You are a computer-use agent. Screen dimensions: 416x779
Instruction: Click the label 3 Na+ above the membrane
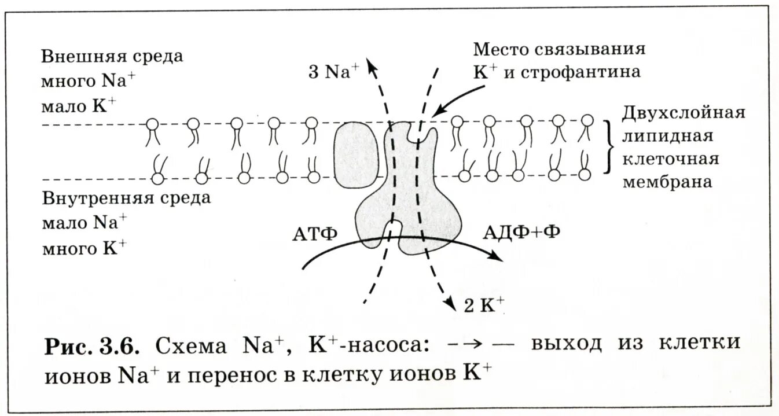[x=332, y=73]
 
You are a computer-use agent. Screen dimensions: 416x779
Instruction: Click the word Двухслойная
[x=684, y=112]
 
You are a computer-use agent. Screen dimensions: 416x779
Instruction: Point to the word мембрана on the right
[x=667, y=182]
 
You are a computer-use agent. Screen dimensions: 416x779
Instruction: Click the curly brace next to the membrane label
[x=608, y=147]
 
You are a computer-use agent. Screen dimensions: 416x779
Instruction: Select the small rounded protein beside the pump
[x=355, y=154]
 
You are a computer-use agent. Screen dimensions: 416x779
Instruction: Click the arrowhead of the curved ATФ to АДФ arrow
[x=495, y=257]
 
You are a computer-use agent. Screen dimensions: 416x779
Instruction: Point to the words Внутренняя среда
[x=126, y=198]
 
